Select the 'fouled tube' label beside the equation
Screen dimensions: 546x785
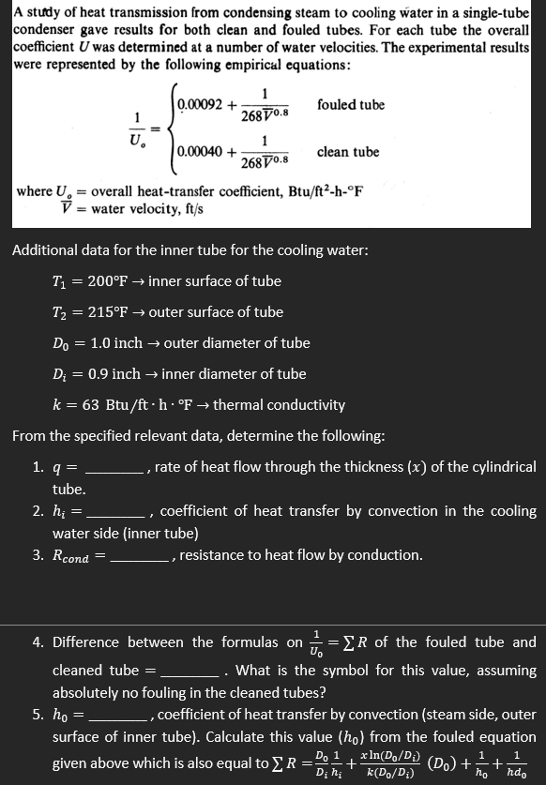click(x=351, y=104)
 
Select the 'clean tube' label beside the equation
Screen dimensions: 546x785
click(x=348, y=151)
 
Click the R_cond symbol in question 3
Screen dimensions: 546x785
click(x=70, y=556)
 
